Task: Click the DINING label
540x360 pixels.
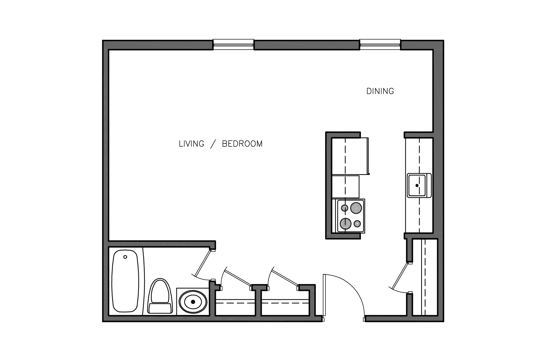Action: pyautogui.click(x=380, y=91)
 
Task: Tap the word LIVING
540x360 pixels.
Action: pyautogui.click(x=191, y=144)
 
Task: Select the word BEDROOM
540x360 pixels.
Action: pyautogui.click(x=242, y=144)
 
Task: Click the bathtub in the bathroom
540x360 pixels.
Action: pyautogui.click(x=125, y=281)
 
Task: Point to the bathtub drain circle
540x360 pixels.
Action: pyautogui.click(x=125, y=257)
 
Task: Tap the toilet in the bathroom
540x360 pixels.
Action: pyautogui.click(x=160, y=296)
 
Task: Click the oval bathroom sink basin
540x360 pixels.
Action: pyautogui.click(x=193, y=302)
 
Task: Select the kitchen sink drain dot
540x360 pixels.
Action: pyautogui.click(x=417, y=185)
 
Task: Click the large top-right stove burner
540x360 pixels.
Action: pyautogui.click(x=356, y=208)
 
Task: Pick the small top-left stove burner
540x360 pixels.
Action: pyautogui.click(x=345, y=208)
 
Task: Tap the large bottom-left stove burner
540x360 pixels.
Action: pyautogui.click(x=345, y=223)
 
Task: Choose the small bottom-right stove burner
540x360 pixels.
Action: pyautogui.click(x=357, y=223)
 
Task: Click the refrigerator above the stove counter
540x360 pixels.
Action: pyautogui.click(x=350, y=156)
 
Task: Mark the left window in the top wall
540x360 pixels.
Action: pyautogui.click(x=233, y=44)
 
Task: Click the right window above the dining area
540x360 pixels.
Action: pyautogui.click(x=380, y=44)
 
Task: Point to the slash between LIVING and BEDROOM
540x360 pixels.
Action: pyautogui.click(x=213, y=144)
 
